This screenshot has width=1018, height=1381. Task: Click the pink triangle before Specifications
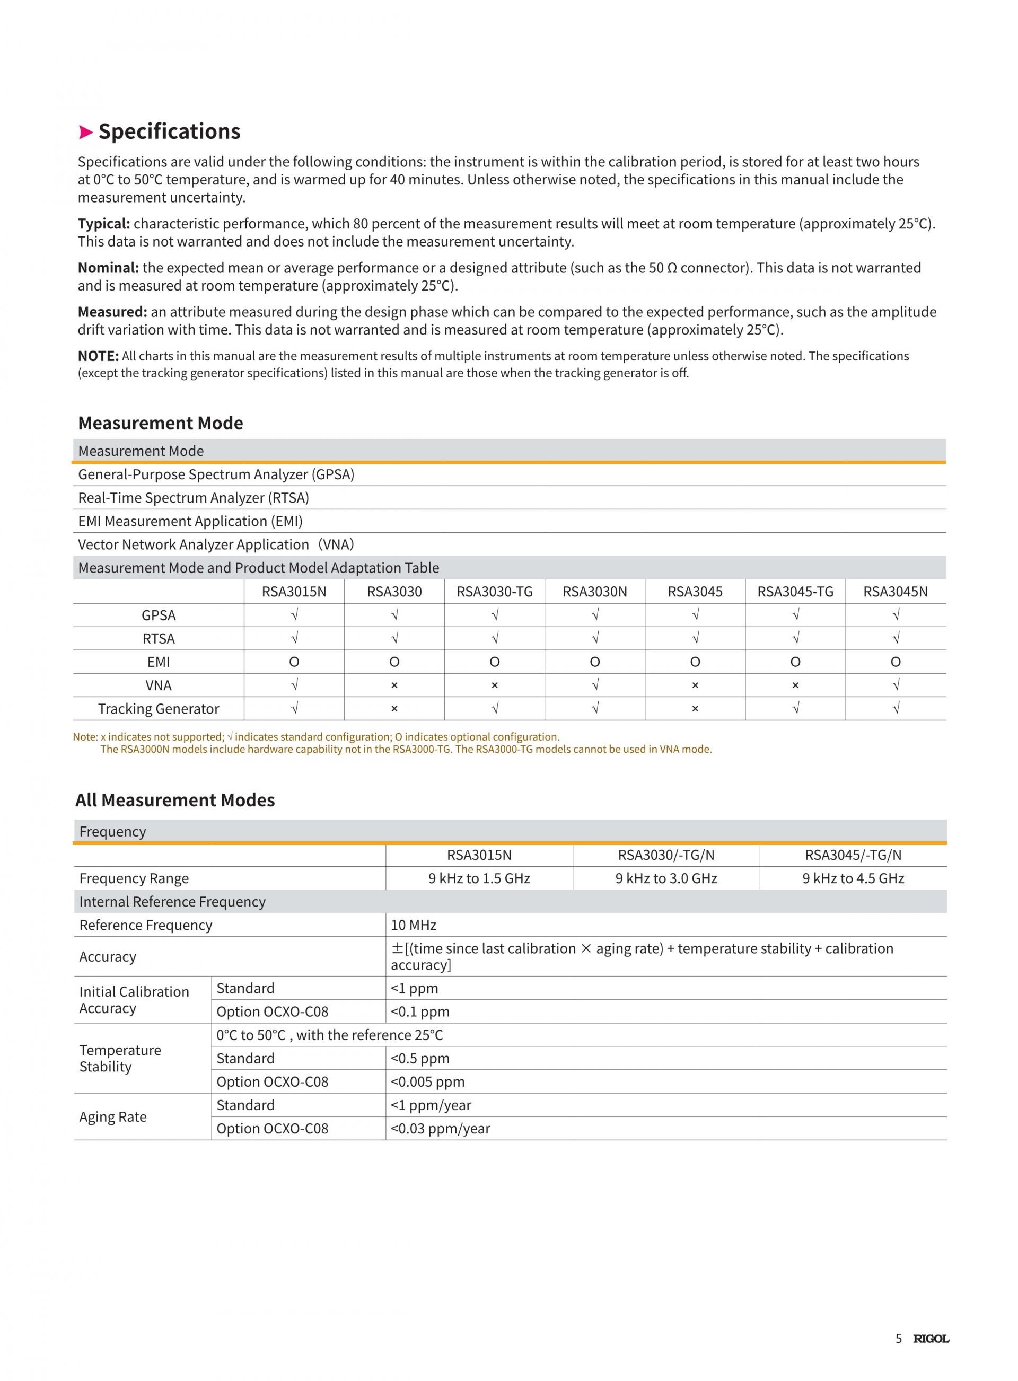[86, 132]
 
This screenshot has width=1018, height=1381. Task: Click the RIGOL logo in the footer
[931, 1339]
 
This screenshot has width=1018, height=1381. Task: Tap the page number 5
[899, 1339]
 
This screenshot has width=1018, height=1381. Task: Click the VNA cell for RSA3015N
[294, 685]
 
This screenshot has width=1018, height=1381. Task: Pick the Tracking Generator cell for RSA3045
[695, 708]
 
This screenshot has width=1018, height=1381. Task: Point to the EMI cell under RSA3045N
[896, 662]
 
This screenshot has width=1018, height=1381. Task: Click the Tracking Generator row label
[159, 708]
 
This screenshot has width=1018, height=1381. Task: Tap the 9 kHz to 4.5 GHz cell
[853, 878]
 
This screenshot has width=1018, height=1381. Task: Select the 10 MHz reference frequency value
[414, 925]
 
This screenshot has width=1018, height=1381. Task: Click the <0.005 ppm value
[428, 1081]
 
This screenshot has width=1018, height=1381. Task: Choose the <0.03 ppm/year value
[441, 1129]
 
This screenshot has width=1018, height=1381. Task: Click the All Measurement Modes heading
[175, 800]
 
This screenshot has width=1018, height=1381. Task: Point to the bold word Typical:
[103, 224]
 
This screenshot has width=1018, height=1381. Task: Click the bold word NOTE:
[98, 356]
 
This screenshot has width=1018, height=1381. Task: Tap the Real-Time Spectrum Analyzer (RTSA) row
[194, 498]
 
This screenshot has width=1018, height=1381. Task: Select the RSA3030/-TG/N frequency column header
[666, 855]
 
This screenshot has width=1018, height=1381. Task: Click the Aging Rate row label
[113, 1117]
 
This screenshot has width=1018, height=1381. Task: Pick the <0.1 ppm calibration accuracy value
[420, 1011]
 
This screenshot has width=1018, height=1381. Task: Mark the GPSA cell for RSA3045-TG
[795, 615]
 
